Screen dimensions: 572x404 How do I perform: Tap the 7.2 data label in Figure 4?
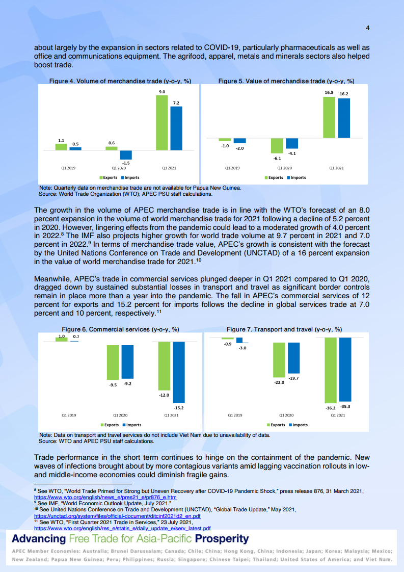pyautogui.click(x=176, y=102)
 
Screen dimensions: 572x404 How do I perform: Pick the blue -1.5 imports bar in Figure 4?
pyautogui.click(x=126, y=155)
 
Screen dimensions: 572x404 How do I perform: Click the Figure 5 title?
pyautogui.click(x=286, y=81)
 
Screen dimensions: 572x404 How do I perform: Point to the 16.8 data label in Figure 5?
pyautogui.click(x=329, y=92)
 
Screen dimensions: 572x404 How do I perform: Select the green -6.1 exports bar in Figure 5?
pyautogui.click(x=277, y=146)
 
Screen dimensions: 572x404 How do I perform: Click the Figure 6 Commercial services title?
pyautogui.click(x=120, y=329)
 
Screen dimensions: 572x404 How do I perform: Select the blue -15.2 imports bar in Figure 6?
pyautogui.click(x=178, y=372)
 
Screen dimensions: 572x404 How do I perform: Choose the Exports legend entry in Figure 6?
pyautogui.click(x=110, y=425)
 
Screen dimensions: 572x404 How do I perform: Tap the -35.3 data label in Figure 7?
pyautogui.click(x=345, y=407)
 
